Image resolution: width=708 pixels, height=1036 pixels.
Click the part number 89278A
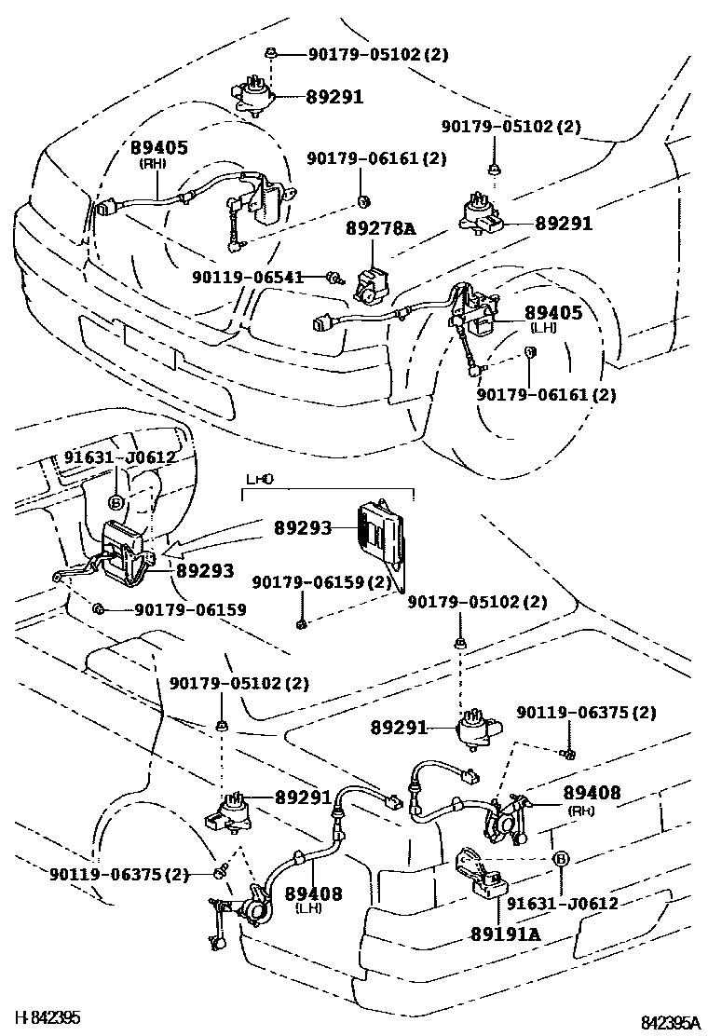pos(381,226)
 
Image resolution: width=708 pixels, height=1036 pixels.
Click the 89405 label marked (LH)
pos(552,313)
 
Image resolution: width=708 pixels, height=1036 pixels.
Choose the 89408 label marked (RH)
pos(592,793)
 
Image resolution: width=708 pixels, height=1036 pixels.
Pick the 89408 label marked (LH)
pos(313,893)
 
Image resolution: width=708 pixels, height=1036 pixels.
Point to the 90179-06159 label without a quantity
pos(190,610)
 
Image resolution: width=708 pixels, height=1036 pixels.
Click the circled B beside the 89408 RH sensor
pos(560,858)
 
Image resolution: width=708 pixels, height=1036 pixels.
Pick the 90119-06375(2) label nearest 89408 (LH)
pos(119,874)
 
